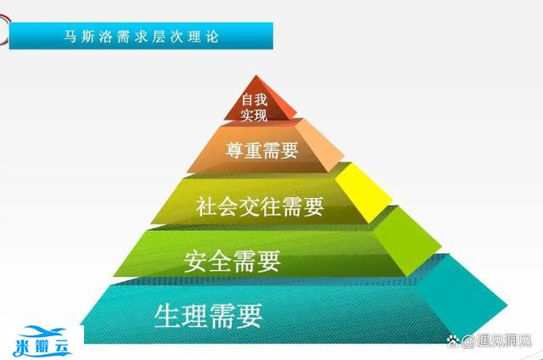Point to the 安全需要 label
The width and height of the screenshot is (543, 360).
click(232, 260)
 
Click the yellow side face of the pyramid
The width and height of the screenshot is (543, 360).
click(361, 192)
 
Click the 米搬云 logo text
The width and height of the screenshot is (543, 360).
click(50, 348)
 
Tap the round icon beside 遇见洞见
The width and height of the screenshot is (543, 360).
click(465, 343)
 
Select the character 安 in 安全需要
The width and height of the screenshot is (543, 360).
click(195, 260)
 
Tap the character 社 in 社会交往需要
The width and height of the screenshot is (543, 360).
click(204, 205)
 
